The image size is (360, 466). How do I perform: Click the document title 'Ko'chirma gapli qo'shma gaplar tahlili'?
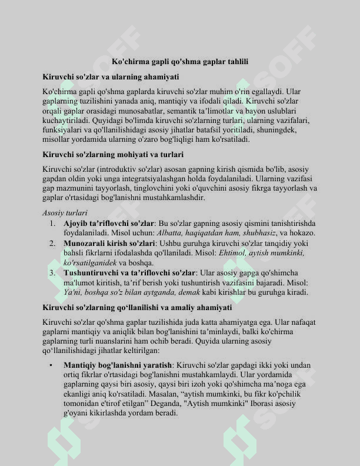tap(180, 61)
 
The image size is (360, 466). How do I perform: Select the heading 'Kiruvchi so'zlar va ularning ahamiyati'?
tap(111, 76)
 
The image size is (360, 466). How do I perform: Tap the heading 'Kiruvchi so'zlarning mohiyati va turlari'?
tap(114, 154)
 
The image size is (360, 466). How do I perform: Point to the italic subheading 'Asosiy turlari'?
tap(65, 212)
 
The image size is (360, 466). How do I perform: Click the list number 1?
tap(52, 223)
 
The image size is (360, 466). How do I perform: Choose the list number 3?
tap(52, 272)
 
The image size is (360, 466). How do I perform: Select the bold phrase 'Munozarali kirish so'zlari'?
tap(109, 242)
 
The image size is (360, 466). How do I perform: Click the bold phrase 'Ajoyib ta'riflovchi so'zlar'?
tap(108, 223)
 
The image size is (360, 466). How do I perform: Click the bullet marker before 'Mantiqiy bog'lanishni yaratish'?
tap(52, 365)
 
